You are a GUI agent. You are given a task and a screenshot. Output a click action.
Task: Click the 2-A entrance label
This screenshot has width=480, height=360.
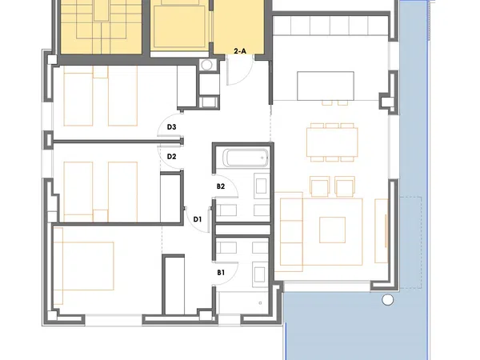pos(240,51)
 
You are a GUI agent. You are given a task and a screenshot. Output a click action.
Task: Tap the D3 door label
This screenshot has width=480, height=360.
pos(171,126)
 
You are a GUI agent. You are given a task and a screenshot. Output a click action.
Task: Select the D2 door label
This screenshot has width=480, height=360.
pos(171,157)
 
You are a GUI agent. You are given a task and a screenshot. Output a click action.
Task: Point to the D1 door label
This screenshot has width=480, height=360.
pos(198,219)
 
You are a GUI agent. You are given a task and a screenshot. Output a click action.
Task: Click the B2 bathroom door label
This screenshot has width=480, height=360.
pos(221,186)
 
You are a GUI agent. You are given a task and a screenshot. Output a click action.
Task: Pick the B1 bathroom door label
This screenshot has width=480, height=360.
pos(221,272)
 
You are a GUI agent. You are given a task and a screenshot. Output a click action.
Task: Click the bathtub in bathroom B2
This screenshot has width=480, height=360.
pos(246,158)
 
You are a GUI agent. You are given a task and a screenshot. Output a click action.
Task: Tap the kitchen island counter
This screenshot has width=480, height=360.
pos(326,86)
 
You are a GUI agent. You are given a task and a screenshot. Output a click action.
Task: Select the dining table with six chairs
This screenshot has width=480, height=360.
pos(332,142)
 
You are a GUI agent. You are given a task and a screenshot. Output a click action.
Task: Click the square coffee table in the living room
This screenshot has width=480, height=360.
pos(333,230)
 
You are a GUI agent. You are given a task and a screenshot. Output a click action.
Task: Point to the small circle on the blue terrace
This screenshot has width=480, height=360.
pos(387,300)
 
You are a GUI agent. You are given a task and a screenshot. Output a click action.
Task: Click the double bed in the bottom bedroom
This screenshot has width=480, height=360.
pos(83,266)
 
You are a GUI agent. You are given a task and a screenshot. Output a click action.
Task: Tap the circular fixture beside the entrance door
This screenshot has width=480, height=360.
pos(206,65)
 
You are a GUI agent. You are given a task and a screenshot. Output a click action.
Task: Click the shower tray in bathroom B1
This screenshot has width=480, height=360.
pos(242,302)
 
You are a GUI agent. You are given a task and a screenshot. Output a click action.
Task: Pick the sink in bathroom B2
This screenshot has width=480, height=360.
pos(261,186)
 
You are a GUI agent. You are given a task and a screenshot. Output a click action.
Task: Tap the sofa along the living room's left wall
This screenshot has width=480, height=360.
pos(291,232)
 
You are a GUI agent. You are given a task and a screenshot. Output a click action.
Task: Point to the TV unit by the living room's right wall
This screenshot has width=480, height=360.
pos(382,231)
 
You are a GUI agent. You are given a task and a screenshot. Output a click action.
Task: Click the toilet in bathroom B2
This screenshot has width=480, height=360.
pos(226,210)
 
